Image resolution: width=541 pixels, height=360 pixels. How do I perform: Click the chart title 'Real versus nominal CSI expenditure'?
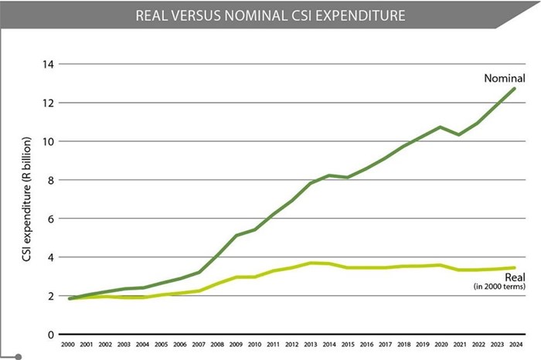(270, 15)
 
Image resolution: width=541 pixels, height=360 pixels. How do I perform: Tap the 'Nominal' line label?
(505, 79)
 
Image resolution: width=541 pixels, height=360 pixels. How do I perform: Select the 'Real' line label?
(515, 277)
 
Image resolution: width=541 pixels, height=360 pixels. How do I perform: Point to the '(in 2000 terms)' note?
(500, 287)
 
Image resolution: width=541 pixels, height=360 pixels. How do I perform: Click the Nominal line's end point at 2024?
(515, 89)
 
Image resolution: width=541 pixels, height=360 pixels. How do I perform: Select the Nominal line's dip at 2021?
(459, 134)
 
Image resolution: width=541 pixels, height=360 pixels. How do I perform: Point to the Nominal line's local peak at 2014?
(330, 175)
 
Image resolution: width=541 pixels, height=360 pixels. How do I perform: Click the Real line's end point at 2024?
(515, 268)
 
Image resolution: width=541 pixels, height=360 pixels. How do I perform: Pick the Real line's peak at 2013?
(311, 263)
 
